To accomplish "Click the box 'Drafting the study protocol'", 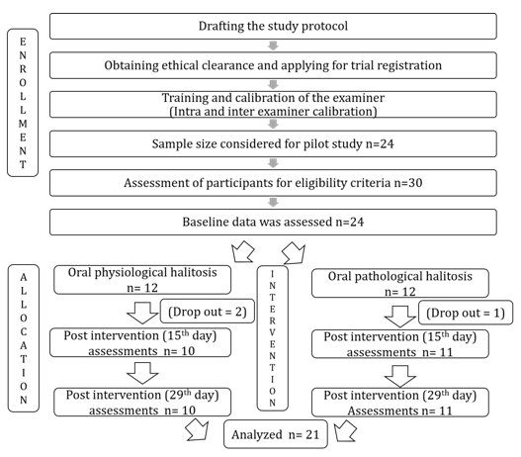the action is pyautogui.click(x=273, y=27).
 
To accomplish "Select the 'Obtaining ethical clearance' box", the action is pyautogui.click(x=273, y=65).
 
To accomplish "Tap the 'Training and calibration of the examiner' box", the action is pyautogui.click(x=273, y=105).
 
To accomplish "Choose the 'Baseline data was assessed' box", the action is pyautogui.click(x=273, y=222).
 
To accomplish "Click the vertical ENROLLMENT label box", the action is pyautogui.click(x=23, y=103).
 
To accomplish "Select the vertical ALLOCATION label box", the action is pyautogui.click(x=24, y=338).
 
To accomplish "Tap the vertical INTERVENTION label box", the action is pyautogui.click(x=273, y=338).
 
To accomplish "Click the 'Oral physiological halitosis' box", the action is pyautogui.click(x=142, y=280).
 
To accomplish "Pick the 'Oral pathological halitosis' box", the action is pyautogui.click(x=400, y=283).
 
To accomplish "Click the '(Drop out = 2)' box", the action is pyautogui.click(x=208, y=312).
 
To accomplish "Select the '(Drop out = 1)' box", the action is pyautogui.click(x=466, y=313).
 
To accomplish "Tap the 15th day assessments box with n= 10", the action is pyautogui.click(x=140, y=342).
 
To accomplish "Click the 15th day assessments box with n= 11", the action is pyautogui.click(x=400, y=344).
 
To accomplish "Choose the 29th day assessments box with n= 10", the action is pyautogui.click(x=142, y=403).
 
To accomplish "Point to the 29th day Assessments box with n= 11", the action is pyautogui.click(x=400, y=403).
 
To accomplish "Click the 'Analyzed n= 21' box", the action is pyautogui.click(x=276, y=434).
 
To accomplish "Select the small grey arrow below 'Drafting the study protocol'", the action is pyautogui.click(x=273, y=46).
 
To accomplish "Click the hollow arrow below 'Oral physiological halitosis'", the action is pyautogui.click(x=142, y=314).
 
